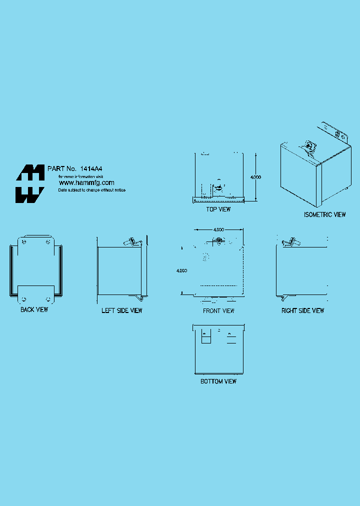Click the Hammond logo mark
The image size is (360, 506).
point(29,183)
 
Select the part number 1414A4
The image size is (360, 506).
point(95,169)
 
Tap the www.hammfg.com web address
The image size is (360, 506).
point(86,183)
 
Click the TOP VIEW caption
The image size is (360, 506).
point(218,209)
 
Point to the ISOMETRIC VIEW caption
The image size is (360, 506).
point(324,214)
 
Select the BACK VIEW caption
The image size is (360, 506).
point(34,310)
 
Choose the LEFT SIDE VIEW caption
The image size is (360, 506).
point(122,310)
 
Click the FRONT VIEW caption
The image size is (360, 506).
point(218,310)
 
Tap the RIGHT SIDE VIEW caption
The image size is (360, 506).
point(302,310)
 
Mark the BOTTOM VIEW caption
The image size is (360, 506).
point(218,381)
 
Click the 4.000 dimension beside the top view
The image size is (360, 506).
point(255,177)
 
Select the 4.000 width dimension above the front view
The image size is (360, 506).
point(218,229)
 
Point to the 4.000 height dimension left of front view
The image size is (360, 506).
point(182,270)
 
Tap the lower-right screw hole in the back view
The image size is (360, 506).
point(48,299)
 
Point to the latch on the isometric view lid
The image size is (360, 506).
point(309,146)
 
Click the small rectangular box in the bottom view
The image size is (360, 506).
point(205,338)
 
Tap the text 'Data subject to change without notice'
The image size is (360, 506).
point(92,190)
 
